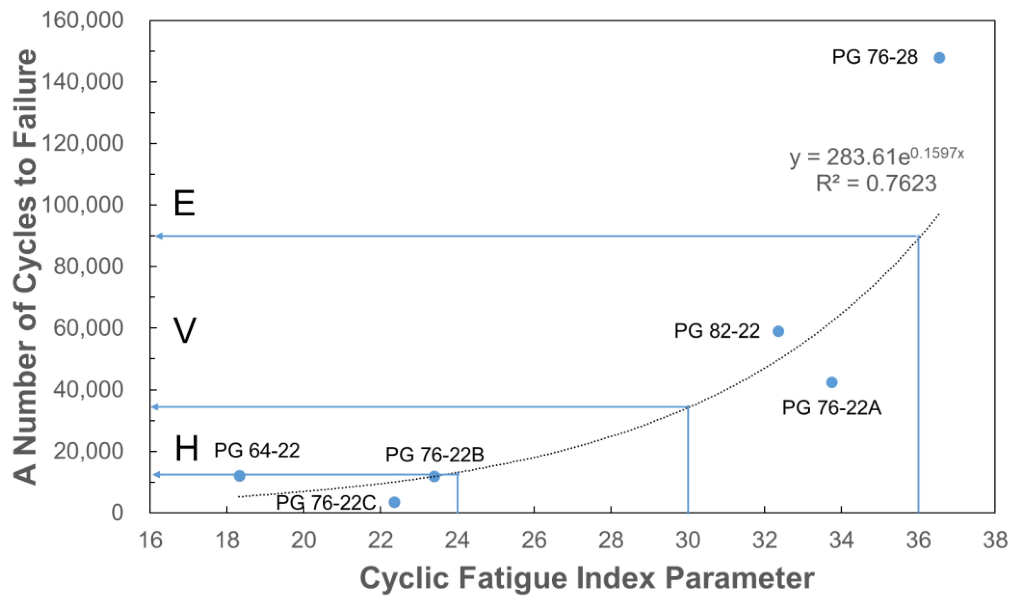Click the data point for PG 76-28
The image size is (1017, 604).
[x=939, y=58]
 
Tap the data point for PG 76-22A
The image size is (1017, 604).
[x=831, y=382]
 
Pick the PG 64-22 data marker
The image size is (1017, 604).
[x=239, y=475]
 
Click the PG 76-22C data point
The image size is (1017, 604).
[x=394, y=502]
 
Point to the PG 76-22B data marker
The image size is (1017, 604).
[x=434, y=476]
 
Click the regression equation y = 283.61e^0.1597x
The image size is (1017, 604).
[x=876, y=156]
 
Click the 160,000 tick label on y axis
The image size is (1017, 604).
[x=83, y=20]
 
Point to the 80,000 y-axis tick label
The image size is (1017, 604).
[x=88, y=266]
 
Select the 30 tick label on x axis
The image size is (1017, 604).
[x=688, y=540]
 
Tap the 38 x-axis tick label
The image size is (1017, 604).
[x=995, y=540]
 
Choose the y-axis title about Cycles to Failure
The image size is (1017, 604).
[x=25, y=267]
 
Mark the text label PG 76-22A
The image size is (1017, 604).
[x=831, y=408]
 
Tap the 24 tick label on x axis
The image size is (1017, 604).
[x=457, y=540]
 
